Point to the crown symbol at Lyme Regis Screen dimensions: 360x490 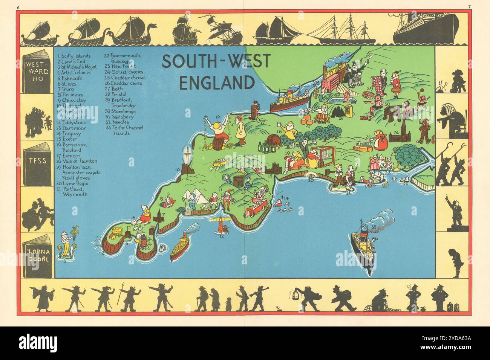click(x=311, y=175)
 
